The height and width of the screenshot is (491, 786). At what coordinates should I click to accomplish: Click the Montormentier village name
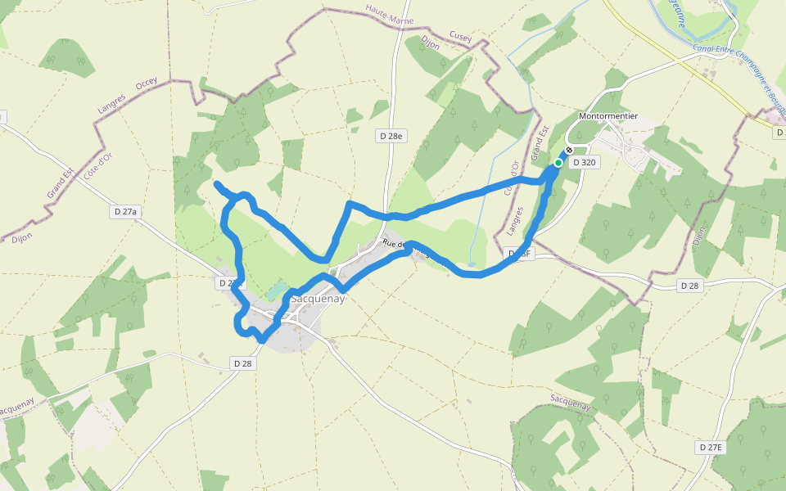(608, 115)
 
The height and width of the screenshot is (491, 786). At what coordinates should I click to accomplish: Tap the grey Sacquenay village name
(318, 299)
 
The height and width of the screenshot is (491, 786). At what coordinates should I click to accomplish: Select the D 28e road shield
(392, 136)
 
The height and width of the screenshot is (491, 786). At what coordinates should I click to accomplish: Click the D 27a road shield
(125, 211)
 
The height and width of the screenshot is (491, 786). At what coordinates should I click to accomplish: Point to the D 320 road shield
(585, 162)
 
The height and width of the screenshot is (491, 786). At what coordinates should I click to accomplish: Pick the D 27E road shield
(711, 447)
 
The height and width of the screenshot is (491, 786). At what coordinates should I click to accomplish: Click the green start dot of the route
(558, 163)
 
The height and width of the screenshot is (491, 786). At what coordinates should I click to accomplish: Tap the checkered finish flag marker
(569, 151)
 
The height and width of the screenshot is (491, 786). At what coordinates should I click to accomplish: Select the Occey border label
(147, 83)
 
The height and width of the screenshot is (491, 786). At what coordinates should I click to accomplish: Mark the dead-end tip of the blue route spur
(215, 184)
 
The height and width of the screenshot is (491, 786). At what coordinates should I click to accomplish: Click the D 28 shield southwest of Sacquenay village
(242, 363)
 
